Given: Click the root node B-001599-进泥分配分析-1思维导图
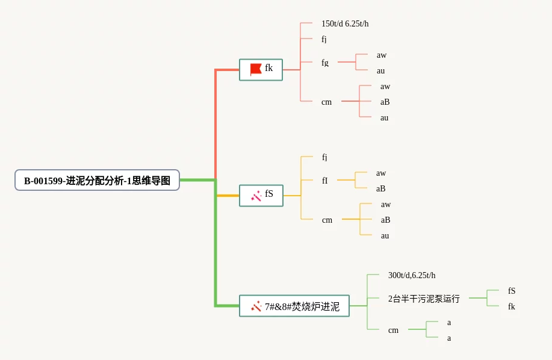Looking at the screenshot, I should pyautogui.click(x=97, y=181).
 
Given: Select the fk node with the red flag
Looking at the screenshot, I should pyautogui.click(x=261, y=69).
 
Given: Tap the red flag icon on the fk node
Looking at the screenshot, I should pyautogui.click(x=256, y=69).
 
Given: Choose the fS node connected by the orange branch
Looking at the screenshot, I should pyautogui.click(x=261, y=195).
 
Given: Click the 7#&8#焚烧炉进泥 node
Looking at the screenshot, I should pyautogui.click(x=294, y=306).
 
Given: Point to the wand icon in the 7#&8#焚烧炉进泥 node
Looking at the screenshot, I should pyautogui.click(x=256, y=306).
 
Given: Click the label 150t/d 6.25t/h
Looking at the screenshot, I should pyautogui.click(x=344, y=23).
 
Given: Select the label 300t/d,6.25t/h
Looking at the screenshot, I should pyautogui.click(x=411, y=275).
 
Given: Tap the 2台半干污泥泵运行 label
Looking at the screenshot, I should pyautogui.click(x=424, y=299).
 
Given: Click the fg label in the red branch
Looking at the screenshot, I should pyautogui.click(x=325, y=63).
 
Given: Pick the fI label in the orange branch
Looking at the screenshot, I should pyautogui.click(x=325, y=181).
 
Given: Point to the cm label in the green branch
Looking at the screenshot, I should pyautogui.click(x=393, y=330).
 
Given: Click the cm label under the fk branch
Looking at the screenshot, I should pyautogui.click(x=326, y=102).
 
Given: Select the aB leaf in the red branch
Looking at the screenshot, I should pyautogui.click(x=385, y=102).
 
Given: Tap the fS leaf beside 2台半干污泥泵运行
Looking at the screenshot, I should pyautogui.click(x=512, y=291).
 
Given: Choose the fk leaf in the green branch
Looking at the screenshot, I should pyautogui.click(x=512, y=306).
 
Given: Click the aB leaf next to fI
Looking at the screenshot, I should pyautogui.click(x=381, y=188).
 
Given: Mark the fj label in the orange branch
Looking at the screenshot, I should pyautogui.click(x=324, y=157).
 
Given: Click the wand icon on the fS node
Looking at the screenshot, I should pyautogui.click(x=256, y=196).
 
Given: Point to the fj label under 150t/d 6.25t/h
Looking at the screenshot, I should pyautogui.click(x=324, y=39).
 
